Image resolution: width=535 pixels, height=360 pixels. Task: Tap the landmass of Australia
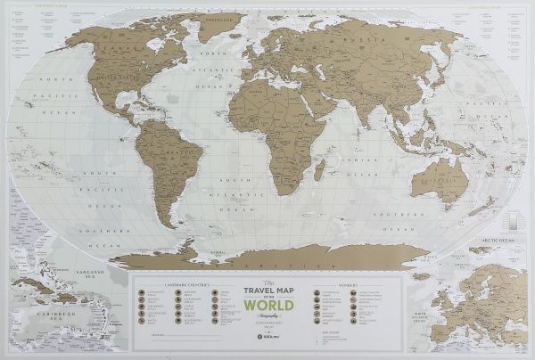point(437,183)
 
